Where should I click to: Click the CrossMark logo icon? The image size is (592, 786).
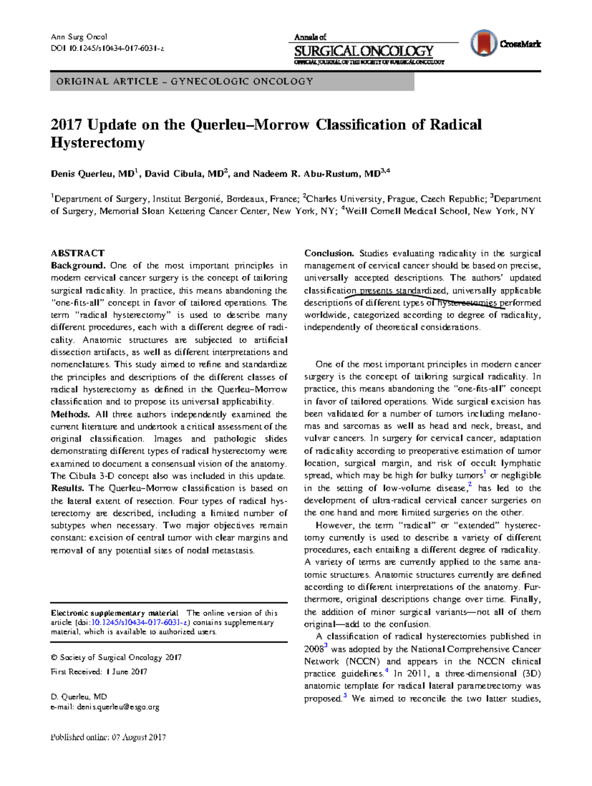483,43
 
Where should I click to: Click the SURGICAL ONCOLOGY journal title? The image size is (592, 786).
364,51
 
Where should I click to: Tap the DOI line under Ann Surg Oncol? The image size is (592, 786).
107,48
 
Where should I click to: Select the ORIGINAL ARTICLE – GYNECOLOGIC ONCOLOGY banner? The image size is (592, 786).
232,81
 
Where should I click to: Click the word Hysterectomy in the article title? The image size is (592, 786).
98,143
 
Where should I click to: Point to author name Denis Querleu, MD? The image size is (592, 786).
93,174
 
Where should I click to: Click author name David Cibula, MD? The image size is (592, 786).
184,174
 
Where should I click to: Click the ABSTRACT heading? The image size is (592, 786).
77,253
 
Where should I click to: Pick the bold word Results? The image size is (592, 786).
68,488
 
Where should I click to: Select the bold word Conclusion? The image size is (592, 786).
329,253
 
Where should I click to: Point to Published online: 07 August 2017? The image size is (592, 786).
108,737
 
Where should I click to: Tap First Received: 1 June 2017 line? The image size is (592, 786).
99,672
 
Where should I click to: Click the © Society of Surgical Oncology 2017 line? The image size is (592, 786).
116,657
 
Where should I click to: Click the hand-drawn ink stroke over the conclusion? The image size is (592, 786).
424,295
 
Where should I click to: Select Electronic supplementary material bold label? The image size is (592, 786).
114,613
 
